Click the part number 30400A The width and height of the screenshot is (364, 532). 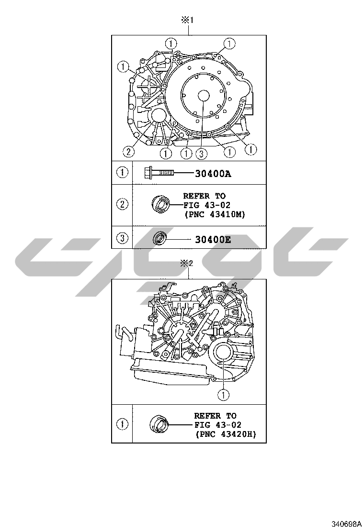[x=213, y=174]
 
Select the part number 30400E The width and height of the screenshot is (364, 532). [x=213, y=240]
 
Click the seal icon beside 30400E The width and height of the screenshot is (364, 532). [x=159, y=238]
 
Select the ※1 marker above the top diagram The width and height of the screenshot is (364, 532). [x=187, y=21]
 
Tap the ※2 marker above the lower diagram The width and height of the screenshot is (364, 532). [x=187, y=263]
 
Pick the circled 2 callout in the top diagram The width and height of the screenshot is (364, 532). [x=128, y=151]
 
